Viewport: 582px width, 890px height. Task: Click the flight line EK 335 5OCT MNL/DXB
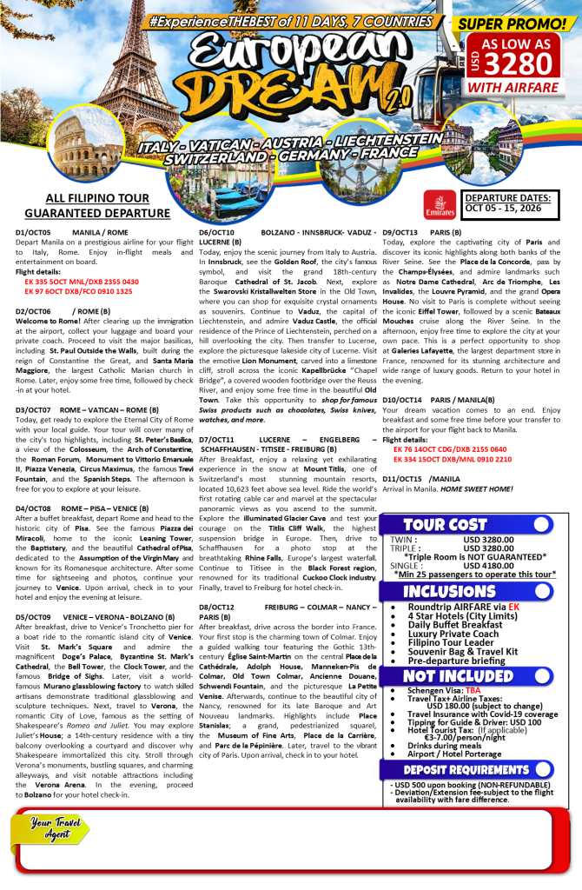tap(82, 282)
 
